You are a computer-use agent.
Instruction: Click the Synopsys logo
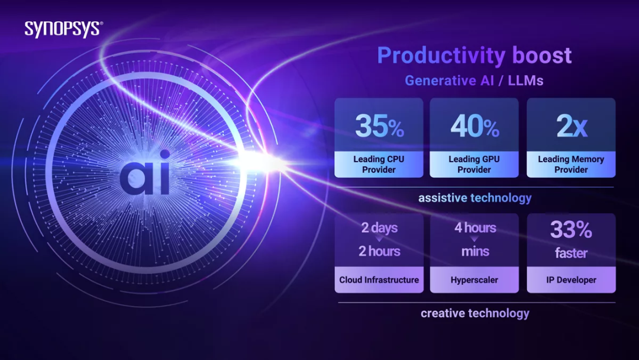(x=63, y=29)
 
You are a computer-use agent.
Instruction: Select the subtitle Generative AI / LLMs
(x=474, y=81)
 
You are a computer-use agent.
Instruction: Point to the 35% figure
(x=379, y=126)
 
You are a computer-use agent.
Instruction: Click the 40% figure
(x=475, y=126)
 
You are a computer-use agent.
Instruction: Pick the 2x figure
(x=572, y=126)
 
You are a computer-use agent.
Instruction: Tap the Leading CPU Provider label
(x=379, y=164)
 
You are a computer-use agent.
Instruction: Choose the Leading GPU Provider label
(x=474, y=164)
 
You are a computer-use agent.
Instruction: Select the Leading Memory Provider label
(x=571, y=164)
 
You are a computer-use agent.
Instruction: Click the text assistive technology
(x=475, y=198)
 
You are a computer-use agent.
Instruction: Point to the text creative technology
(x=475, y=313)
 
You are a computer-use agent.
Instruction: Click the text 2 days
(x=379, y=227)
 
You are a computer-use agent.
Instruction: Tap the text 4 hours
(x=475, y=227)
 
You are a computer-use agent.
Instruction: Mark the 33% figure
(x=571, y=230)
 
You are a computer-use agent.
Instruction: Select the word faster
(x=572, y=253)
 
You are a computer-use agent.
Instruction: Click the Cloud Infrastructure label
(x=379, y=280)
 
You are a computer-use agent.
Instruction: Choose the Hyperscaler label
(x=475, y=280)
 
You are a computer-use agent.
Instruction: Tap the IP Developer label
(x=571, y=280)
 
